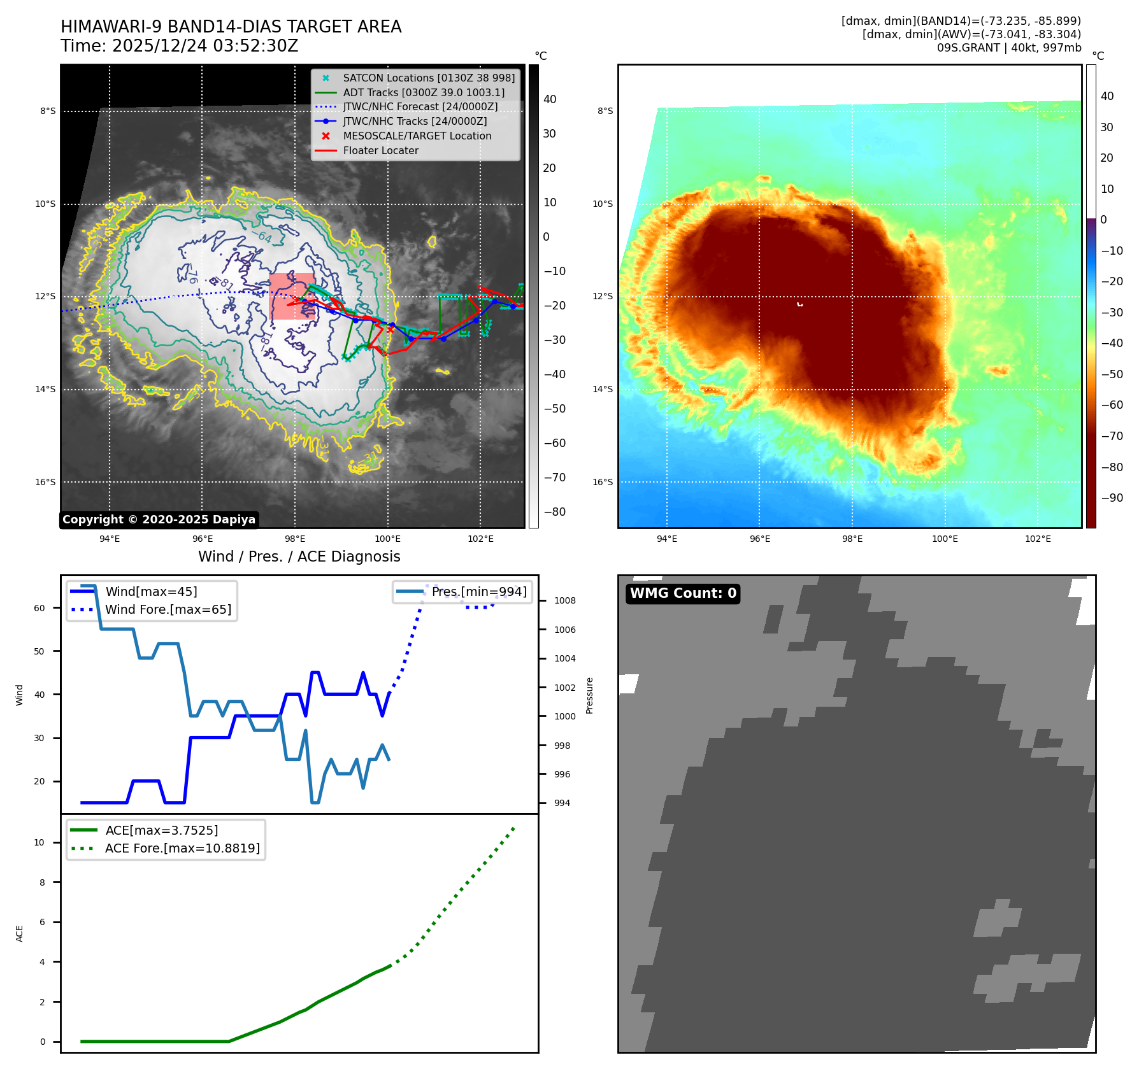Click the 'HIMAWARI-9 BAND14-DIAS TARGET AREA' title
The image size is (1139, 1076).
(x=231, y=27)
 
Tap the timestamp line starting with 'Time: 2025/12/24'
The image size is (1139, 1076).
(x=179, y=46)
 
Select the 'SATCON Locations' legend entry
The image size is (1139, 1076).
(x=428, y=78)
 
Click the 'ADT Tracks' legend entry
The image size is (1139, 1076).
(x=423, y=92)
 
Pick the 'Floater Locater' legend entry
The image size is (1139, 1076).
(x=380, y=150)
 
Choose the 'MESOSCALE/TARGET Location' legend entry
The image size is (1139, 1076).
(x=417, y=136)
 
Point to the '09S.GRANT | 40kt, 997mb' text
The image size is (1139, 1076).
(x=1008, y=48)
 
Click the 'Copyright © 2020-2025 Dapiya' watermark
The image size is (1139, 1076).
(x=159, y=520)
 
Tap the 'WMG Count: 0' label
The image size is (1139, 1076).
(x=683, y=593)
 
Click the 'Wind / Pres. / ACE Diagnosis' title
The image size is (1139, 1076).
(x=299, y=556)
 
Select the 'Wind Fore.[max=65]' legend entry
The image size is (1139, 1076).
(x=168, y=609)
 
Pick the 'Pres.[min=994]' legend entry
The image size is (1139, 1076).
(x=478, y=591)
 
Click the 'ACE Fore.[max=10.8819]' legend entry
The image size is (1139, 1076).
(x=182, y=848)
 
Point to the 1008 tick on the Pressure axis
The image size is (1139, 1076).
(x=564, y=600)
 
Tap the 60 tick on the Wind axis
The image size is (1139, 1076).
(x=39, y=608)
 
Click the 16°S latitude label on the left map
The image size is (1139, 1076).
(x=45, y=482)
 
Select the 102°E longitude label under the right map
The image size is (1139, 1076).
(x=1038, y=539)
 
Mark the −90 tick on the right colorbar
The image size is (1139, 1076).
(x=1112, y=498)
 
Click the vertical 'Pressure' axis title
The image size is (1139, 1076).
(x=589, y=695)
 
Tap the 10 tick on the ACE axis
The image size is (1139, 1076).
(x=39, y=842)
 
